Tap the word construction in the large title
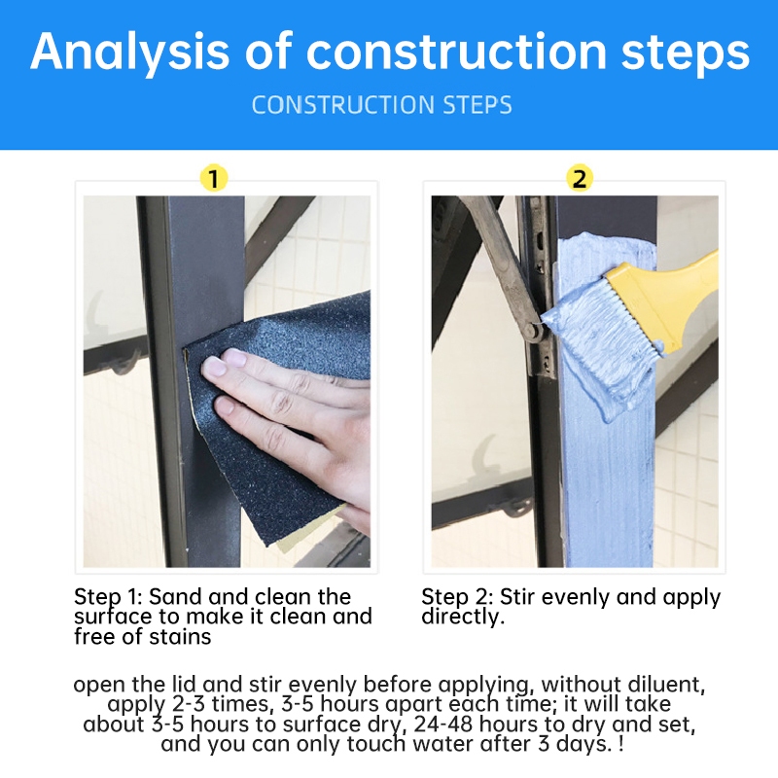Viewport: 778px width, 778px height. pyautogui.click(x=456, y=52)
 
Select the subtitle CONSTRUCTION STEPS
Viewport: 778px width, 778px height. pyautogui.click(x=381, y=105)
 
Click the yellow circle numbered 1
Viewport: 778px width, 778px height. pyautogui.click(x=214, y=178)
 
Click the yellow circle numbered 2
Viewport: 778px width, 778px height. pyautogui.click(x=580, y=178)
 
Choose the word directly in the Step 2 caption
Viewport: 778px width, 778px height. pyautogui.click(x=463, y=618)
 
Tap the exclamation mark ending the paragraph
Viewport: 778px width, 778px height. pyautogui.click(x=621, y=744)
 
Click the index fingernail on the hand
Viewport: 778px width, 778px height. pyautogui.click(x=214, y=368)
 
